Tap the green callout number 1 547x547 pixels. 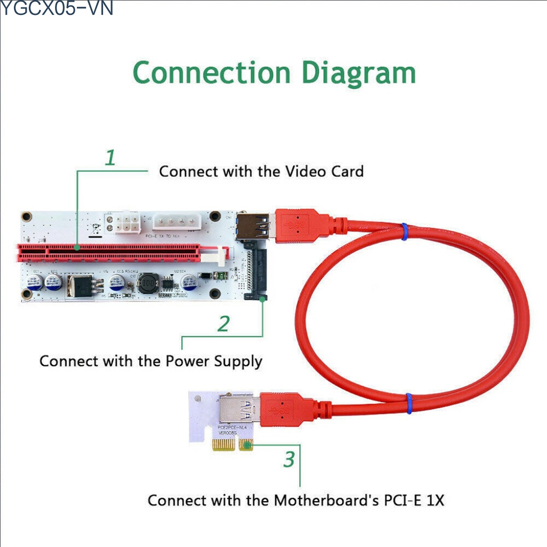pos(110,158)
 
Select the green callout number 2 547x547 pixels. pos(224,324)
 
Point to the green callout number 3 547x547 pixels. pos(289,459)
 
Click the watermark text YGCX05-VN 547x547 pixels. pos(57,8)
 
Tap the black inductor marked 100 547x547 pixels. pos(149,284)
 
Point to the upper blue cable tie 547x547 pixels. pos(404,231)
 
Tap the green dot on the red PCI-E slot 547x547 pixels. pos(78,248)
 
